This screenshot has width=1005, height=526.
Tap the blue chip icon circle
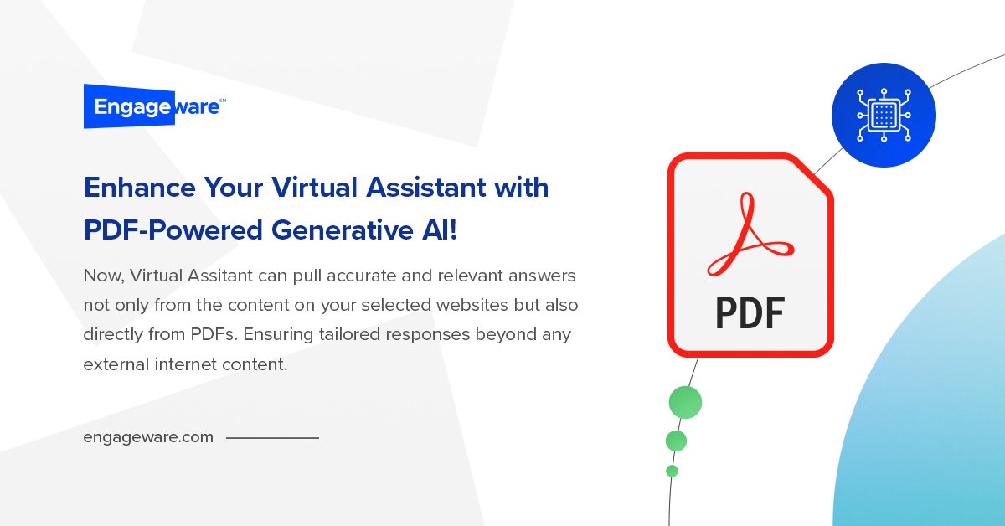[884, 115]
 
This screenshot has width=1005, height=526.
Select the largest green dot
[685, 403]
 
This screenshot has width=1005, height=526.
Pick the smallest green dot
[672, 471]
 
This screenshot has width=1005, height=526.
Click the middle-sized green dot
[676, 441]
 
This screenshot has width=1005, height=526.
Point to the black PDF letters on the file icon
[750, 312]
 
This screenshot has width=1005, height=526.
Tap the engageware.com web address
[148, 437]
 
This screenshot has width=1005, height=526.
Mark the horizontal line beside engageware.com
[272, 437]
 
